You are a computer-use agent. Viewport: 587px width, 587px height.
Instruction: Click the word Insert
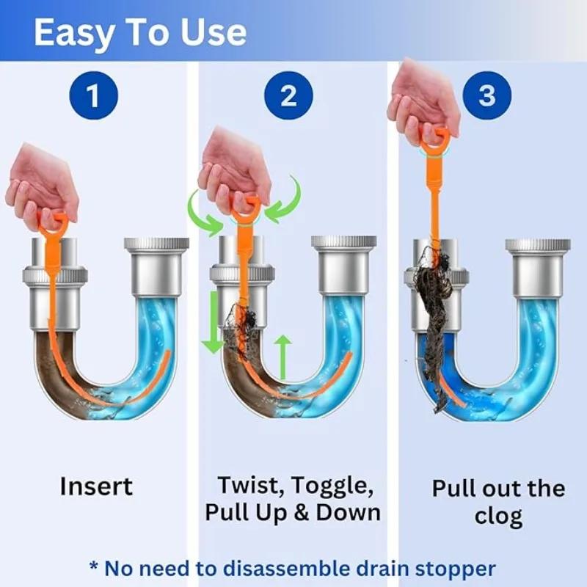click(96, 486)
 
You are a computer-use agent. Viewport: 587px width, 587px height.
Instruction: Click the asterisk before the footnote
click(93, 566)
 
